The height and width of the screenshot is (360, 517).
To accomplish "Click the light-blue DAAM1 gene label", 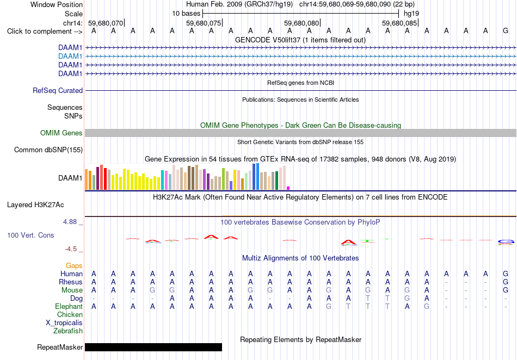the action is pyautogui.click(x=70, y=57).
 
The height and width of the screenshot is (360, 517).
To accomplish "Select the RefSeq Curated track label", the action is pyautogui.click(x=58, y=91).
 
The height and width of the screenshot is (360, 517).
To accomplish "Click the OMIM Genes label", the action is pyautogui.click(x=61, y=133).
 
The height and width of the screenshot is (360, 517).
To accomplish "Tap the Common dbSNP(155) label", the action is pyautogui.click(x=48, y=150).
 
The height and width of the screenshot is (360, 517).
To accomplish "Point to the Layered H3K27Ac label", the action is pyautogui.click(x=35, y=205).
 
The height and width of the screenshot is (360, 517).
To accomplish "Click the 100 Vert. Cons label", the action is pyautogui.click(x=30, y=235).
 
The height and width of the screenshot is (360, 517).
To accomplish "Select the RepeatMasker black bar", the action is pyautogui.click(x=153, y=347).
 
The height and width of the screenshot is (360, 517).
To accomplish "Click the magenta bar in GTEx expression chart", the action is pyautogui.click(x=288, y=188).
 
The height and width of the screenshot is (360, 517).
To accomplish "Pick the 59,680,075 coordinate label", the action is pyautogui.click(x=204, y=23).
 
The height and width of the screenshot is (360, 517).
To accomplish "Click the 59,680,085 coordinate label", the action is pyautogui.click(x=399, y=23).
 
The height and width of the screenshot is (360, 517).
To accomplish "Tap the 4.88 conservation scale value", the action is pyautogui.click(x=70, y=222).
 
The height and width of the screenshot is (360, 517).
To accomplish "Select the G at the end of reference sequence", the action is pyautogui.click(x=506, y=31).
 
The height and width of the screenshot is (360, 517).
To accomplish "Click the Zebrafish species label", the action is pyautogui.click(x=68, y=331).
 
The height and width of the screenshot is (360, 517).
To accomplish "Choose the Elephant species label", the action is pyautogui.click(x=69, y=307).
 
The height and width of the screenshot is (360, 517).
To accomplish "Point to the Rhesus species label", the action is pyautogui.click(x=71, y=282).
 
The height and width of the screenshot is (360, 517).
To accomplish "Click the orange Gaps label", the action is pyautogui.click(x=74, y=266).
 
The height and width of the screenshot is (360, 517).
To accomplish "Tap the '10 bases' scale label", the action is pyautogui.click(x=186, y=14).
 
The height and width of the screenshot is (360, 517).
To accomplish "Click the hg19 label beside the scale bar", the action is pyautogui.click(x=411, y=14).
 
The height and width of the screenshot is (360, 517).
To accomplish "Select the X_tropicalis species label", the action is pyautogui.click(x=64, y=323).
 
